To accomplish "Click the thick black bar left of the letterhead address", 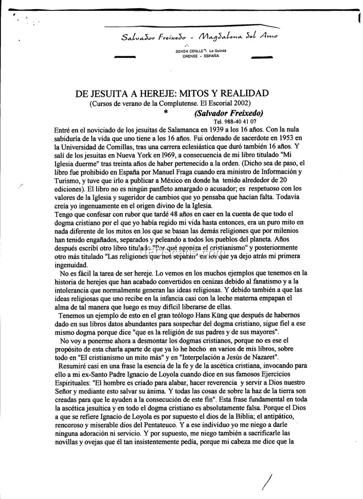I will click(x=126, y=57).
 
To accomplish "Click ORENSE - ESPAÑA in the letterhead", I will click(x=201, y=56).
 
